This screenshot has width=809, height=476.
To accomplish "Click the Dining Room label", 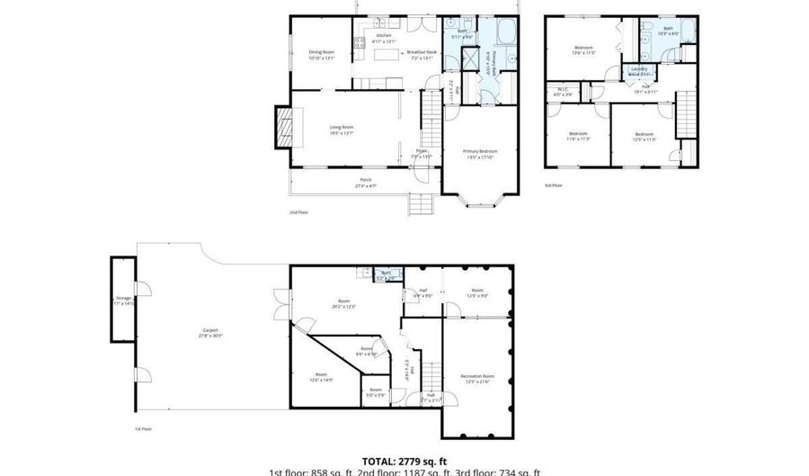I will pos(321,55).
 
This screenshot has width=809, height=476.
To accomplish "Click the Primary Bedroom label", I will pos(480,153).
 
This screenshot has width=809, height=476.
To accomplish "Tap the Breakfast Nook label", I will pos(421,55).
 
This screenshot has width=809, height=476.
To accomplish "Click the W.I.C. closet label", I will pos(563,91).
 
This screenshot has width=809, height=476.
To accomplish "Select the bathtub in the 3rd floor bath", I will pos(687,32).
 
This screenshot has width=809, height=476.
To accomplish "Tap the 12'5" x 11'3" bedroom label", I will pos(645,135).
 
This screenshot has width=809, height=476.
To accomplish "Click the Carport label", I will pos(209,332).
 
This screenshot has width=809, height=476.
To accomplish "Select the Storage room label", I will pos(123,301).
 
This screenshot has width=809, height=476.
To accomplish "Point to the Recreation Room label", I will pos(476,377).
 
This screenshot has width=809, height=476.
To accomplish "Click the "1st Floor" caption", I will pos(143,429).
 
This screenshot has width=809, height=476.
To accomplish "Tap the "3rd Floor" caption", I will pos(553,185).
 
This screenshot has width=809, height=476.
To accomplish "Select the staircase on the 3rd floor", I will pos(686,115).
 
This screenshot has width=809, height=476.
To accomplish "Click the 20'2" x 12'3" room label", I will pos(343,303).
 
